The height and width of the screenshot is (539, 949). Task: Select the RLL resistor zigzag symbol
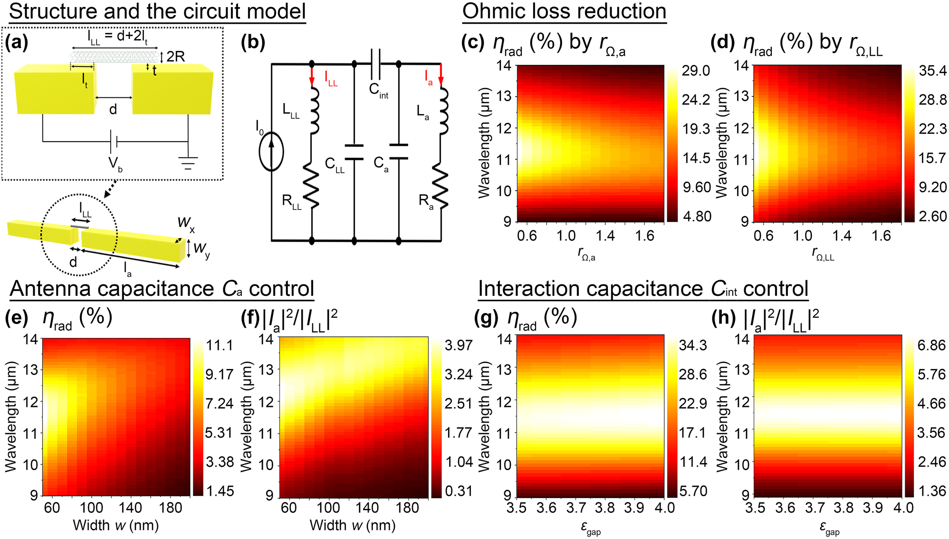point(312,185)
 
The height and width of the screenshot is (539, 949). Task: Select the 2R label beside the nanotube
point(175,57)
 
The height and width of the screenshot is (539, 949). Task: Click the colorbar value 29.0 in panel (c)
point(696,71)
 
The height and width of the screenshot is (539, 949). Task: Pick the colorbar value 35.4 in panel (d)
point(932,71)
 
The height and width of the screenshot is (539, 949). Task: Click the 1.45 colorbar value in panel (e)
point(220,491)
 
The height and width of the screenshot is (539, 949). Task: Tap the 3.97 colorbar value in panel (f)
point(459,345)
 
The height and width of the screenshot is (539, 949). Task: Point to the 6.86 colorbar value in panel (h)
point(931,345)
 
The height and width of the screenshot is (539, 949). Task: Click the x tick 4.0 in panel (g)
point(664,508)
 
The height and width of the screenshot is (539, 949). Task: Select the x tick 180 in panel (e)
point(170,508)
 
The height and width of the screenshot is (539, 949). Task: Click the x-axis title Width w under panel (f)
point(352,525)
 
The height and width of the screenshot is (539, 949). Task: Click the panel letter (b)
point(253,42)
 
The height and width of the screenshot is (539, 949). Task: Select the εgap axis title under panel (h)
point(829,528)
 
